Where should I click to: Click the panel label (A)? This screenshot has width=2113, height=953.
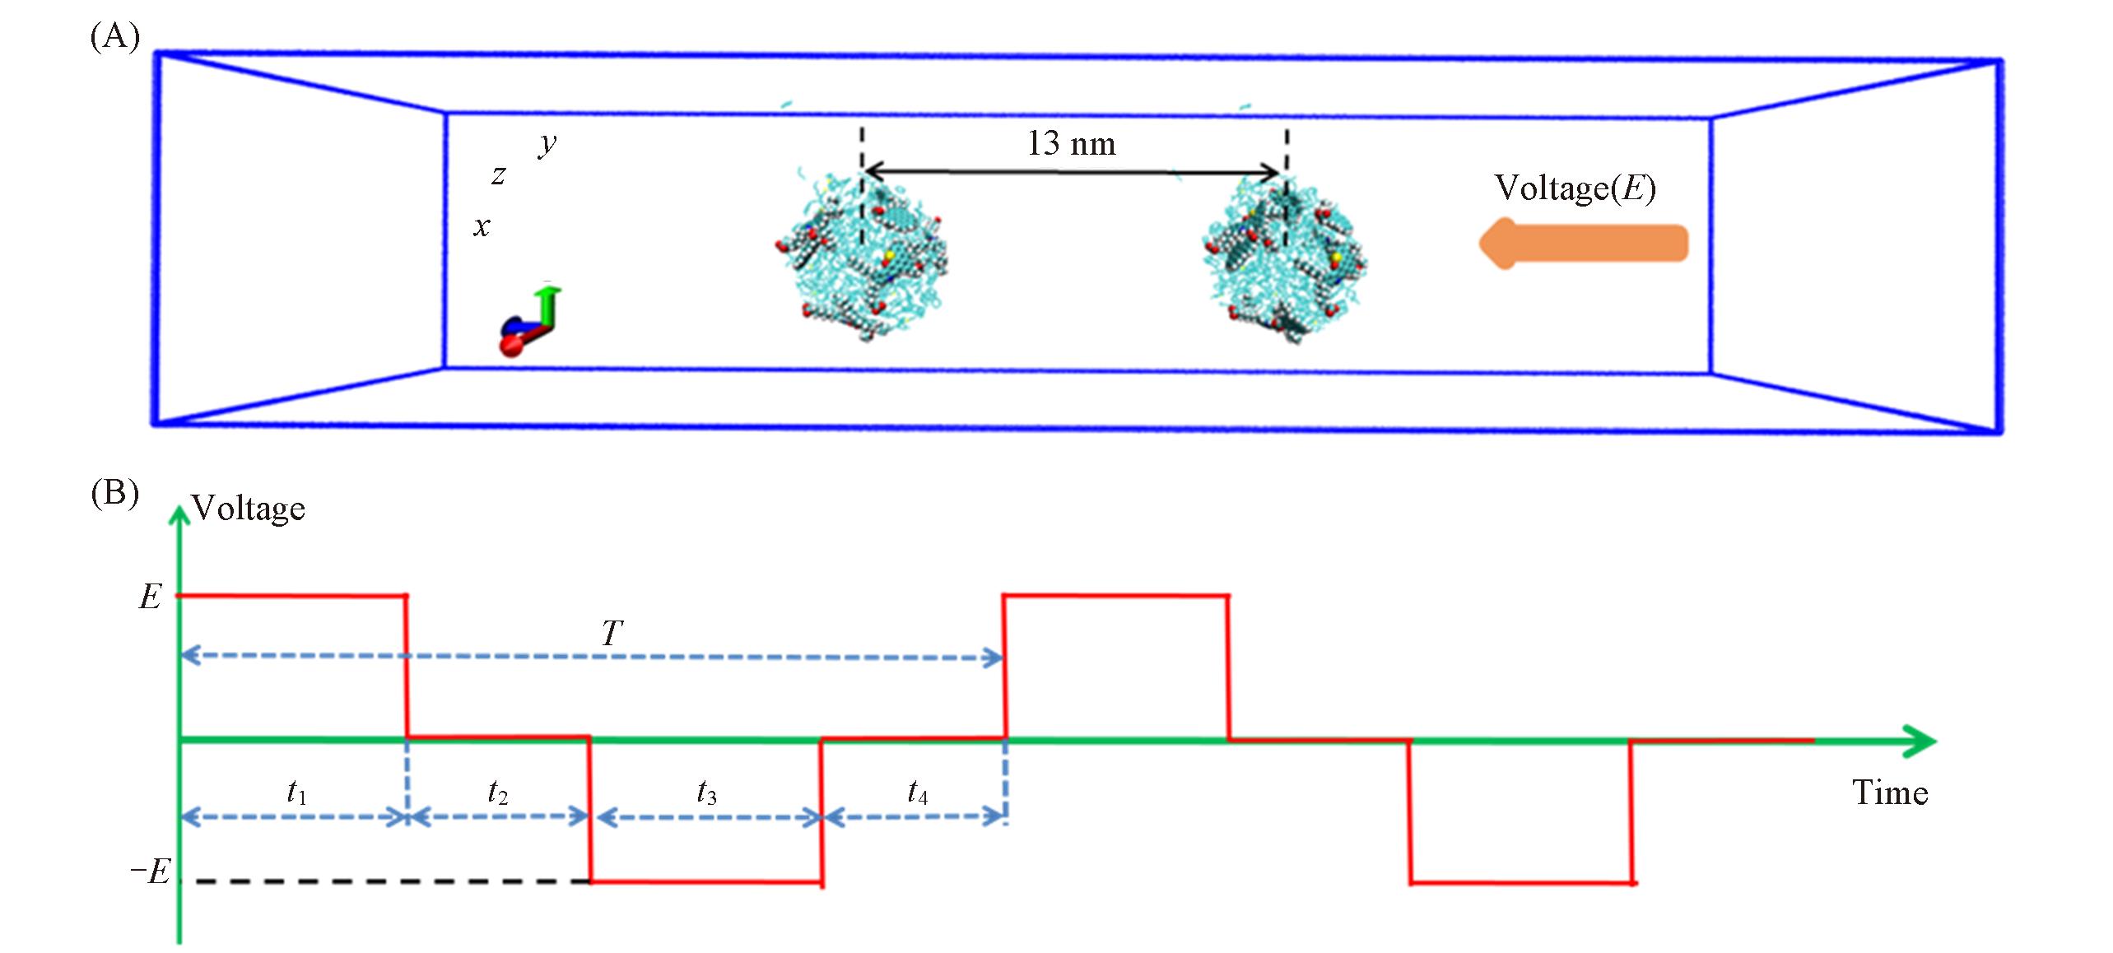(x=114, y=37)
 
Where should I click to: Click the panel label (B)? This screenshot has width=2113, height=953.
(x=114, y=494)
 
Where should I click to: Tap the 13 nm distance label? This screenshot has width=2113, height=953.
(x=1071, y=144)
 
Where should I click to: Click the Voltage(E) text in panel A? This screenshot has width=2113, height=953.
(x=1575, y=188)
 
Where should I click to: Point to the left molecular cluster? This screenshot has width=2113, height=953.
(x=861, y=258)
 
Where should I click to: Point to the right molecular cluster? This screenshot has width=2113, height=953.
(x=1284, y=260)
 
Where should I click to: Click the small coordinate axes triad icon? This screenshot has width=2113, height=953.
(x=529, y=322)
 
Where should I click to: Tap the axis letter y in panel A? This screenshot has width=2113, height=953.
(x=547, y=145)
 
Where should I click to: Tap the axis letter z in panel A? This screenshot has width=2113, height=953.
(x=498, y=175)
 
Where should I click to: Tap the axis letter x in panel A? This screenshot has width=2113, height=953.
(x=482, y=226)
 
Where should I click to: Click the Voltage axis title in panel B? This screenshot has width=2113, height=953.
(x=248, y=509)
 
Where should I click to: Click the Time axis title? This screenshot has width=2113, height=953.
(x=1890, y=793)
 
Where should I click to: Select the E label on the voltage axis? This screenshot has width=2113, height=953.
(x=150, y=597)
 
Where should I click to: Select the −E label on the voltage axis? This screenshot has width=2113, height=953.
(x=151, y=871)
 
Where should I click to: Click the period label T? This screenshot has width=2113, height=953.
(x=612, y=634)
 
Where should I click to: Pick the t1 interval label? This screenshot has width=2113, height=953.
(x=296, y=792)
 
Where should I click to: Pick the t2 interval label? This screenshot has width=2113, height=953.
(x=497, y=792)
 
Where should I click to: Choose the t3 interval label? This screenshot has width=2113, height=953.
(x=706, y=792)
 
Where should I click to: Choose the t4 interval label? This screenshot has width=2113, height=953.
(x=917, y=792)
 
